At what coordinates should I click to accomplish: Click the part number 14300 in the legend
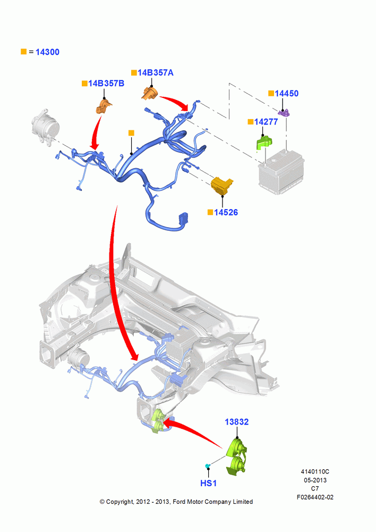click(47, 52)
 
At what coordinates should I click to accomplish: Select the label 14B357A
click(156, 72)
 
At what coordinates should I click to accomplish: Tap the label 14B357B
click(106, 84)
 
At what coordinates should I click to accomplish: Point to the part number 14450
click(287, 93)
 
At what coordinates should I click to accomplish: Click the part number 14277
click(266, 122)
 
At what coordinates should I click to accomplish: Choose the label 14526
click(226, 212)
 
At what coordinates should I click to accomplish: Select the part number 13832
click(237, 422)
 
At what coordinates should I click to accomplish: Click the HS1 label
click(208, 483)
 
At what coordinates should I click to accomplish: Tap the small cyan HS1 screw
click(208, 466)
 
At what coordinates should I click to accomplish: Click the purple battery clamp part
click(284, 112)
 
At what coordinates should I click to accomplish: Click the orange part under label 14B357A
click(150, 93)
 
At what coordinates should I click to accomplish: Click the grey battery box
click(281, 173)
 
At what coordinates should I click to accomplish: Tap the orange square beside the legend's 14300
click(24, 52)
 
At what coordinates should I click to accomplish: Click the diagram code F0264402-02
click(315, 497)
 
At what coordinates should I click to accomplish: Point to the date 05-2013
click(315, 480)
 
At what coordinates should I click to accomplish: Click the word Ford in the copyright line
click(179, 502)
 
